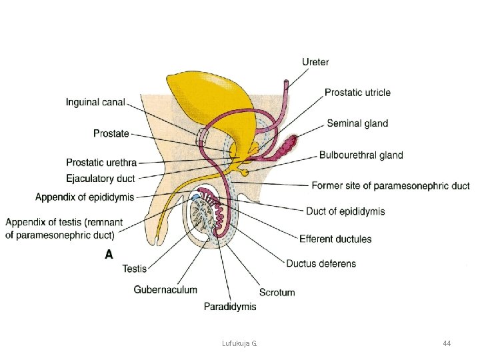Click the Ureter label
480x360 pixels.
[x=315, y=62]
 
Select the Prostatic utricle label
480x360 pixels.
[x=357, y=92]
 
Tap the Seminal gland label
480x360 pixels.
[x=357, y=123]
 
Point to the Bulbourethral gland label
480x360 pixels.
[x=361, y=155]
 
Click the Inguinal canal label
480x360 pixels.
[x=95, y=103]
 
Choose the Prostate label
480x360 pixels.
[x=111, y=133]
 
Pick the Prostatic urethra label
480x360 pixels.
[x=101, y=163]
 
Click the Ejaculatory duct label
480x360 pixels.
[x=101, y=179]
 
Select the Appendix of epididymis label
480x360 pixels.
[x=85, y=197]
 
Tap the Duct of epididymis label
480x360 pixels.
[x=345, y=211]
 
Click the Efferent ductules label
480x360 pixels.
[x=335, y=239]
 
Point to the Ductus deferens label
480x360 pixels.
[x=321, y=263]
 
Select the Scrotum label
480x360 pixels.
[x=277, y=292]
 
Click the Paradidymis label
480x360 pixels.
[x=229, y=307]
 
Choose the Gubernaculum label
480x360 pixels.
[x=165, y=290]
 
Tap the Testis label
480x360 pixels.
[x=135, y=269]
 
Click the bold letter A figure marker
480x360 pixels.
[x=109, y=254]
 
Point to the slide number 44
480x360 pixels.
[x=447, y=343]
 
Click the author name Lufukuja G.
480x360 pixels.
[x=239, y=343]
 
